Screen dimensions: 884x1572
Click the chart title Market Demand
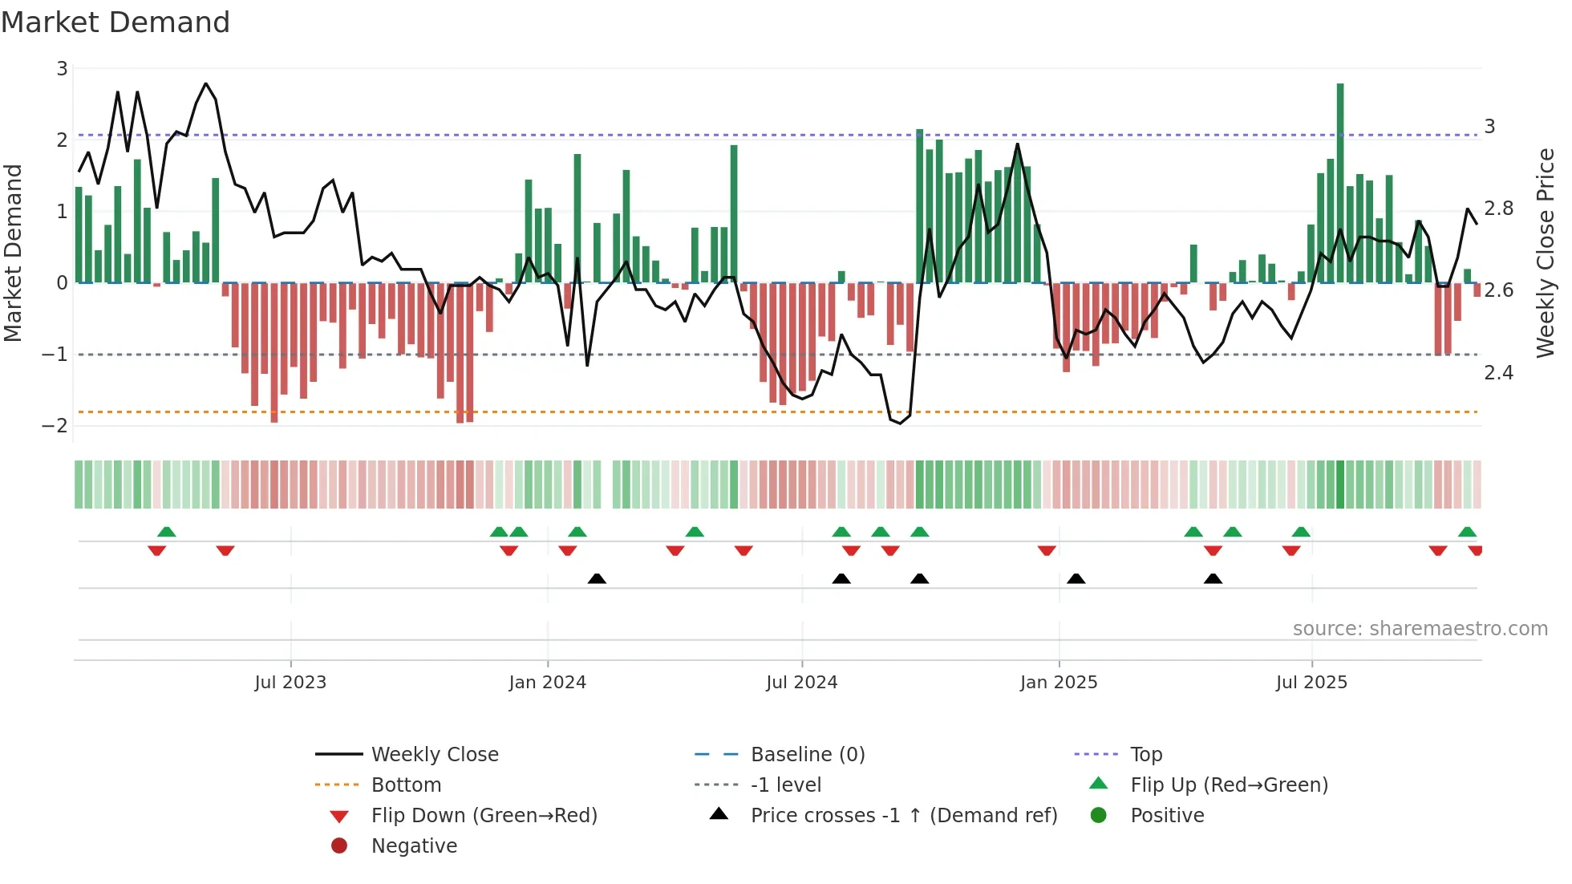pos(115,22)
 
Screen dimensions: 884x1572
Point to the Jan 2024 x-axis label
pos(547,683)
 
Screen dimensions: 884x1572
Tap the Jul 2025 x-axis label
pos(1311,683)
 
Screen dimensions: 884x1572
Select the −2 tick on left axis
pos(55,426)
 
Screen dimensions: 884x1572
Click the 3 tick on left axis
pos(62,69)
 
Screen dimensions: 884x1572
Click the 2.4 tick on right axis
pos(1498,373)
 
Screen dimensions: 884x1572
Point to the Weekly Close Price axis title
pos(1545,253)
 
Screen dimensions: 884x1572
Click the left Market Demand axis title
pos(14,253)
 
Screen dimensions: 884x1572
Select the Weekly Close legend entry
pos(434,755)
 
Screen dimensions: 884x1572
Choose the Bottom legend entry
pos(406,785)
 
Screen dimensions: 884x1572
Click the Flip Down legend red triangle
pos(339,817)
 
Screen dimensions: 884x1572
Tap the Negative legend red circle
pos(339,846)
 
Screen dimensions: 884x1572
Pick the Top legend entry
pos(1146,755)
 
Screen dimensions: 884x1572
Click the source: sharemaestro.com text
pos(1420,629)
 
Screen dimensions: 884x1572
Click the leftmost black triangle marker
pos(597,578)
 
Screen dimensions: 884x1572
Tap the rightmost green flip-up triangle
pos(1467,532)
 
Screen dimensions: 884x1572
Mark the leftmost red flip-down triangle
pos(157,550)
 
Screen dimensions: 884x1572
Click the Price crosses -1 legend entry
pos(903,816)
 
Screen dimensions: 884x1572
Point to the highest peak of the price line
pos(206,83)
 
